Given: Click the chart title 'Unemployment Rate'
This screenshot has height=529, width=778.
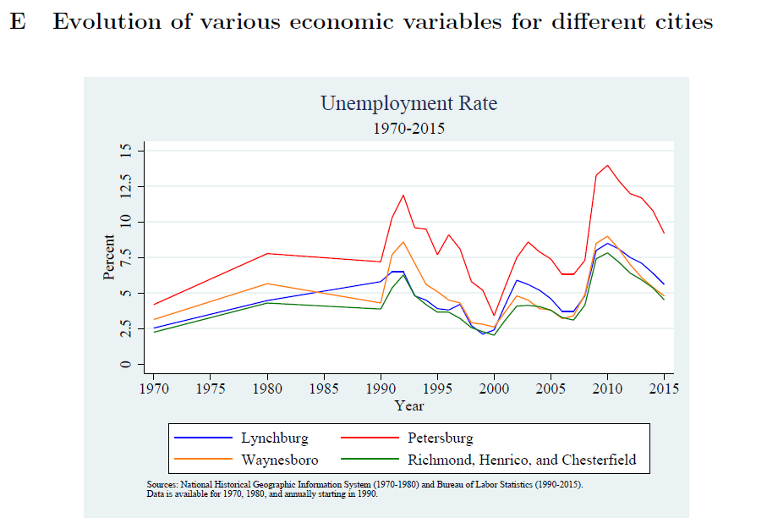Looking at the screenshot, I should click(408, 104).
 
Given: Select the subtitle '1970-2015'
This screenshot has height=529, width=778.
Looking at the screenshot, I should click(408, 129).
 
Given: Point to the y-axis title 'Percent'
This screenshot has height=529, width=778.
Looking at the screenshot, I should click(109, 257).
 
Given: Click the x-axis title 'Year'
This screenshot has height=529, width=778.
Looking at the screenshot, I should click(408, 405).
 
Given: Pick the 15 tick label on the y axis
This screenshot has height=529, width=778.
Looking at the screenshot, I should click(127, 151).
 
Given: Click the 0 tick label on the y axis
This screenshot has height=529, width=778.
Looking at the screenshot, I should click(127, 365).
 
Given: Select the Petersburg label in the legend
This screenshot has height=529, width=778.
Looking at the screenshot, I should click(440, 438).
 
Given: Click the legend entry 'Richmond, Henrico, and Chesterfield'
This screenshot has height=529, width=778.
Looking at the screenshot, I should click(521, 460).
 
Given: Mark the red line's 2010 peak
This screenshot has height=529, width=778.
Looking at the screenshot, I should click(607, 165).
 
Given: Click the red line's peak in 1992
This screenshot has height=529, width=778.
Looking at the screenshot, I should click(403, 196).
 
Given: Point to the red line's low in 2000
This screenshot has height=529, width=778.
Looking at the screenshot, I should click(494, 316).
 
